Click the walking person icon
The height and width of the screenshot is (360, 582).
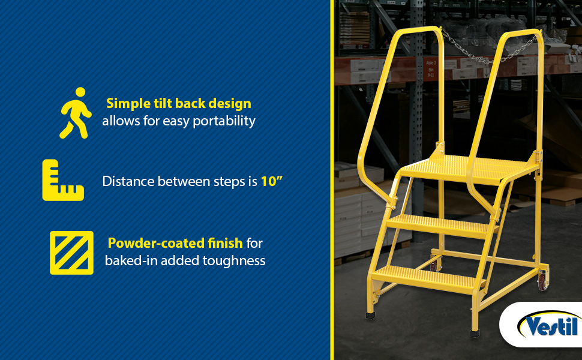76,113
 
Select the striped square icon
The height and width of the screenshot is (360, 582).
71,253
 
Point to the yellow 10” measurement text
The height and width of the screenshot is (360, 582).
272,181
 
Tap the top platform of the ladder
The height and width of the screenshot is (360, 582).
467,169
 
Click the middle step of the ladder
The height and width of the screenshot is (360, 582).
442,225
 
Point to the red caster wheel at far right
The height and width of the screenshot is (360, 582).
542,281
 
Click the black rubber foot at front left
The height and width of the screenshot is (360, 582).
370,316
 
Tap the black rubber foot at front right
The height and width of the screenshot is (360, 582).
475,333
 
